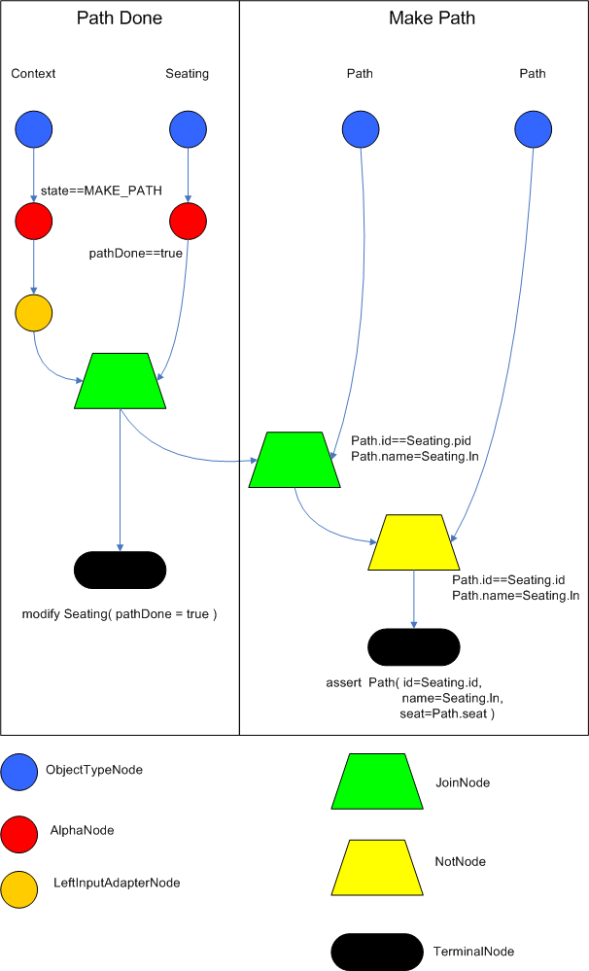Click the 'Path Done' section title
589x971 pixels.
[120, 18]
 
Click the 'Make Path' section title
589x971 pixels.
[418, 18]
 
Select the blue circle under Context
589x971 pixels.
[34, 129]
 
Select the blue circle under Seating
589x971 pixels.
[188, 129]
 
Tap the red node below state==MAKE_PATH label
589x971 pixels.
[34, 223]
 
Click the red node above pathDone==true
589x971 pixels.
[188, 223]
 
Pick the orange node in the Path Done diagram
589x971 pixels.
[34, 313]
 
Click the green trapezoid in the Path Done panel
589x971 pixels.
[120, 381]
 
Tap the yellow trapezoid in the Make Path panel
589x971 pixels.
[415, 541]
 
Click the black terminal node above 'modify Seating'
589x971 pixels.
[120, 570]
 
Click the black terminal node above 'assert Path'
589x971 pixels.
[413, 646]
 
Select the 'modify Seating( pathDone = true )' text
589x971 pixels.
[120, 615]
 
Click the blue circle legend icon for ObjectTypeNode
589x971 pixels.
[20, 771]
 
